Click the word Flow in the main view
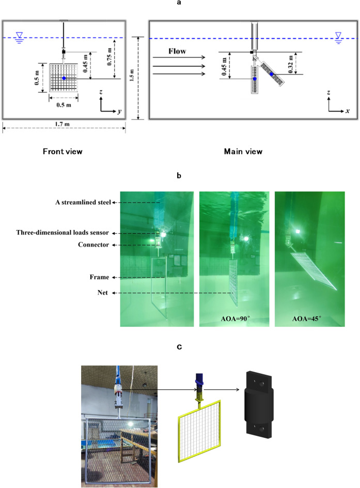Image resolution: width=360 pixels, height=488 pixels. tap(177, 52)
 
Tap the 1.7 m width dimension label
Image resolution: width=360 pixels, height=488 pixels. tap(63, 123)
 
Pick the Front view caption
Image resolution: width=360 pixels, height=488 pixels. tap(62, 151)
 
